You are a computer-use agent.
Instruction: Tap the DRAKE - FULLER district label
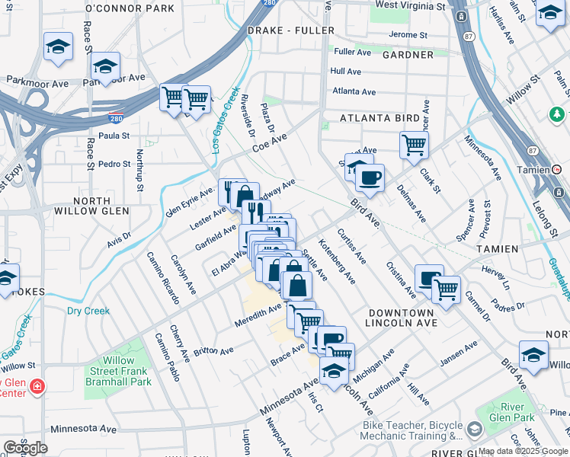tap(291, 30)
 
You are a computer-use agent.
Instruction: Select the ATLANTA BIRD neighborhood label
tap(369, 118)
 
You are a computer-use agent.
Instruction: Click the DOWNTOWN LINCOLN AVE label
tap(401, 318)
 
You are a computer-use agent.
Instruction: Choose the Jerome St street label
tap(408, 35)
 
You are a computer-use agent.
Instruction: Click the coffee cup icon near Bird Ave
tap(370, 178)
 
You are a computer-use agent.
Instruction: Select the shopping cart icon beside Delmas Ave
tap(414, 143)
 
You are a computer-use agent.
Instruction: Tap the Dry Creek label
tap(88, 311)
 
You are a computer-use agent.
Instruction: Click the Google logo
tap(25, 447)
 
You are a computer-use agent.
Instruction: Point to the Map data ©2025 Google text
tap(523, 451)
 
